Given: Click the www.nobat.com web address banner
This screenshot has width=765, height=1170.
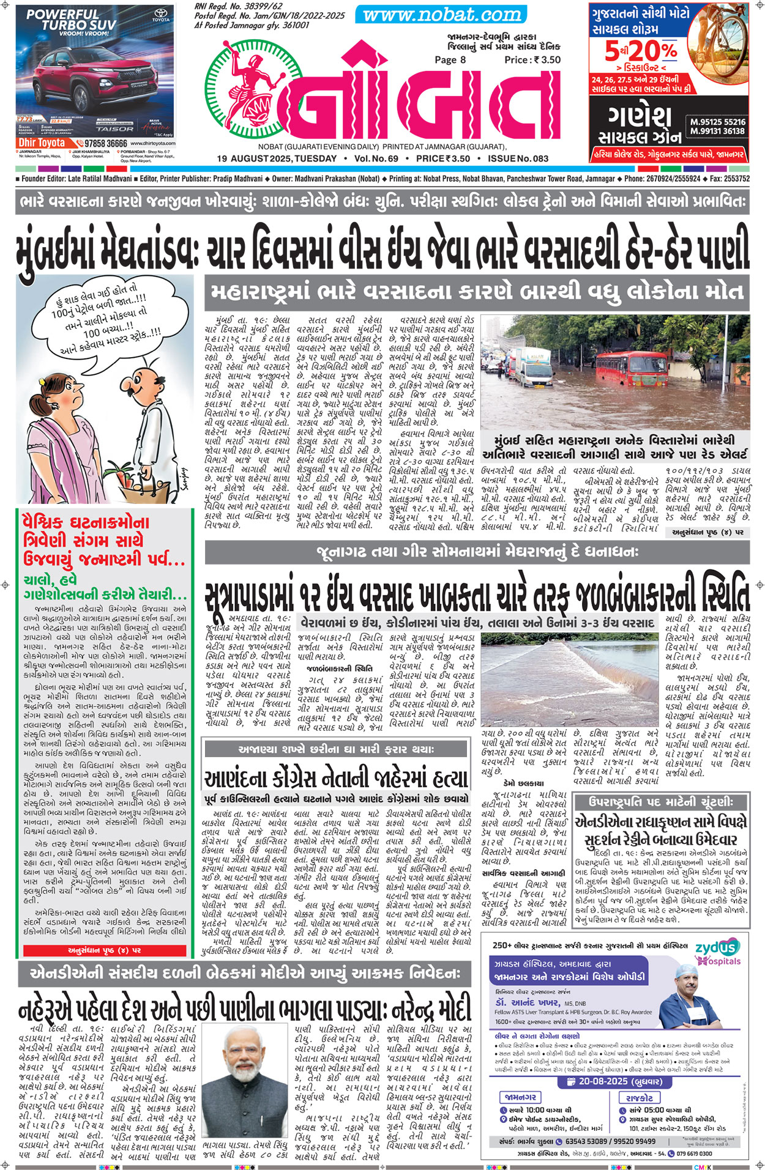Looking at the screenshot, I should coord(442,14).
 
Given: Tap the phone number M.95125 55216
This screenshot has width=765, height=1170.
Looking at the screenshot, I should coord(718,122).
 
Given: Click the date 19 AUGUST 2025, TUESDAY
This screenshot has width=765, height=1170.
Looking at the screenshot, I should coord(277,159).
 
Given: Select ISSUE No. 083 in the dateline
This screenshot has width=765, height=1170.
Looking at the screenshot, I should coord(518,159).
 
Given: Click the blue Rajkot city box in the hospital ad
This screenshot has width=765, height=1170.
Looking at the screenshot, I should coord(640,1097).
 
